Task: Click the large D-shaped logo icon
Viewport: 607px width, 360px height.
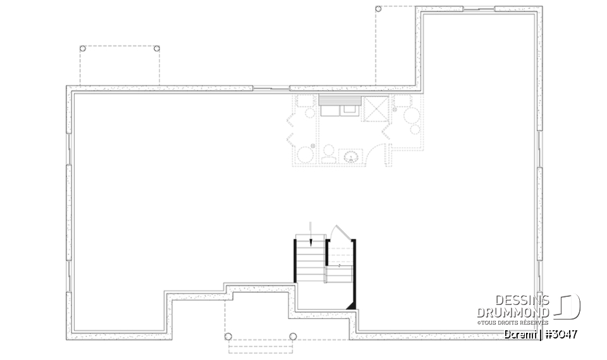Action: point(568,307)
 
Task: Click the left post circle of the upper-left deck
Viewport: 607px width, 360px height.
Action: point(82,49)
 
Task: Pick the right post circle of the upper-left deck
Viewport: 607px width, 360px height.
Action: point(156,49)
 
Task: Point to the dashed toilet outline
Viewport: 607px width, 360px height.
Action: point(328,154)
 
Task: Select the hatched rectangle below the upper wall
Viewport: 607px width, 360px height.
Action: point(339,99)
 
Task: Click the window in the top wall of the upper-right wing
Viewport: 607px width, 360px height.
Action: point(478,9)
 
